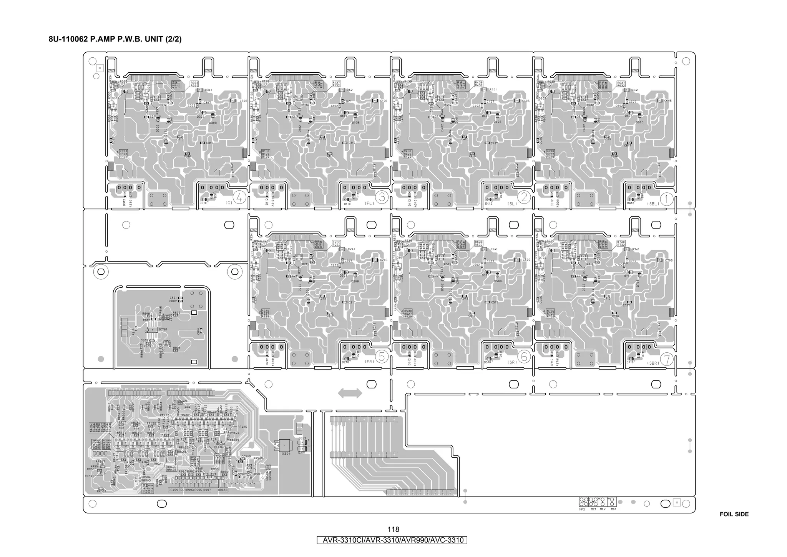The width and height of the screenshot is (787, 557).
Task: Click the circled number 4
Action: coord(239,198)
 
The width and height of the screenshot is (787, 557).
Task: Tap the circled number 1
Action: coord(666,199)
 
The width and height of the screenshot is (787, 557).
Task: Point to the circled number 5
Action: coord(382,357)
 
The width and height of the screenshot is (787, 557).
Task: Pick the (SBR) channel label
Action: coord(653,363)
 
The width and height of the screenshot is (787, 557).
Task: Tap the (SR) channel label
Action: coord(511,362)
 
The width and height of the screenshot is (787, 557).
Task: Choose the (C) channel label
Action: coord(229,203)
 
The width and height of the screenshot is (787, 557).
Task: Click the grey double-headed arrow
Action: coord(350,393)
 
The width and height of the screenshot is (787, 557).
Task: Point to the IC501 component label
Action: coord(286,454)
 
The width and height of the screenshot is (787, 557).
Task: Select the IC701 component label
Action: coord(163,329)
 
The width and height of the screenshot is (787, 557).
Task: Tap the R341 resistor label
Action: coord(208,90)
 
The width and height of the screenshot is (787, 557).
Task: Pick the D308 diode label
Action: coord(213,123)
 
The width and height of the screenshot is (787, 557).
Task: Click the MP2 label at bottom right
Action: coord(582,509)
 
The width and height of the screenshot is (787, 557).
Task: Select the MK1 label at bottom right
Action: coord(613,509)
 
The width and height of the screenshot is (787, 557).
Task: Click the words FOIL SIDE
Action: coord(734,514)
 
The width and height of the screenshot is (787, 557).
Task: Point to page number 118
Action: coord(393,530)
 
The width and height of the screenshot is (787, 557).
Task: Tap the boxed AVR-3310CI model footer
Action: coord(392,540)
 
